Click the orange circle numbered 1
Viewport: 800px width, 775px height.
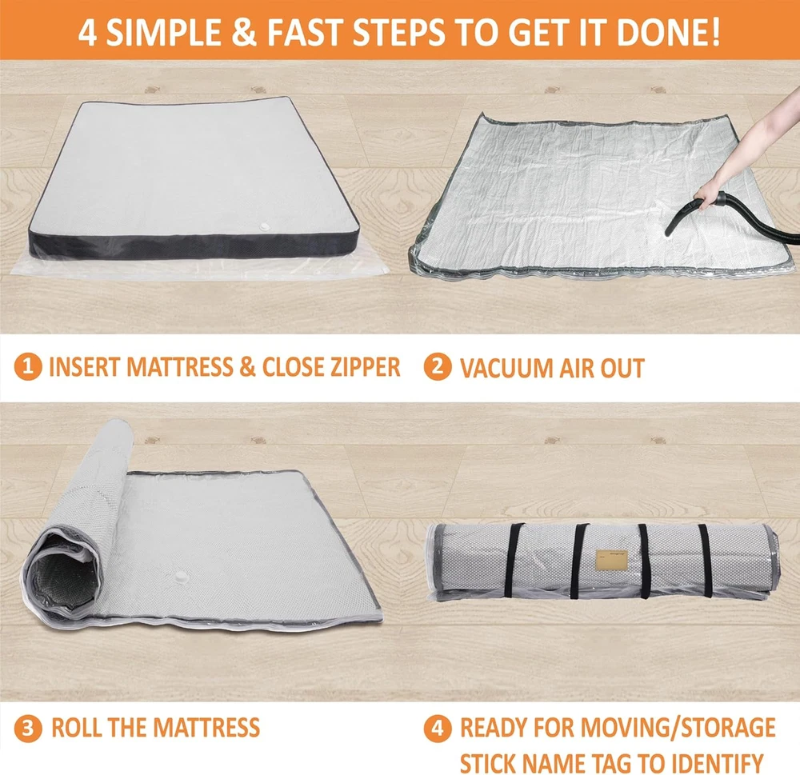[x=27, y=367]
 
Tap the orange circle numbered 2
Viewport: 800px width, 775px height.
[x=438, y=367]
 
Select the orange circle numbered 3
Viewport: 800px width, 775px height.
[x=27, y=729]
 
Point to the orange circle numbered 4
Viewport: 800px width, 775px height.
[x=438, y=728]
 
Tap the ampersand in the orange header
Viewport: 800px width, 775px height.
[x=244, y=32]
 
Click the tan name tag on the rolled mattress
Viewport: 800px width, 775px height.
[x=611, y=561]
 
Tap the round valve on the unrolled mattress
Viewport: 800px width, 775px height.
[x=181, y=577]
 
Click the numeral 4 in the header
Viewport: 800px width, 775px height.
[x=87, y=33]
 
